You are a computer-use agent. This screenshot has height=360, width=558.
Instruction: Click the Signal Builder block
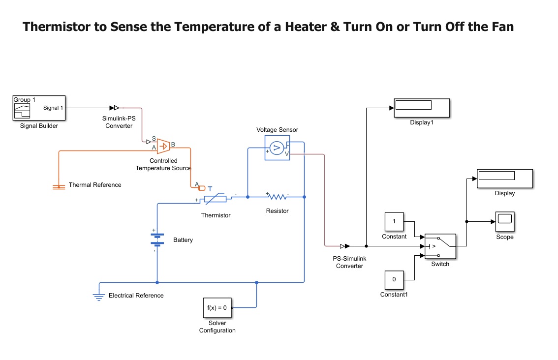[x=39, y=108]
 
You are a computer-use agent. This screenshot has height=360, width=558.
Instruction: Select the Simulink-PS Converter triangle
[x=117, y=108]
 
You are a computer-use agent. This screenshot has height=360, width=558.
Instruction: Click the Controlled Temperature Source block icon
[x=163, y=146]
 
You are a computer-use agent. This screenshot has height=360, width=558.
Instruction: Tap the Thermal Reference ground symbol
[x=59, y=186]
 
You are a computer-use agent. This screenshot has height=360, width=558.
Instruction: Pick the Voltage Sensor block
[x=277, y=148]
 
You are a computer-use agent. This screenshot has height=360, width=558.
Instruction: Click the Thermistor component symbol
[x=216, y=199]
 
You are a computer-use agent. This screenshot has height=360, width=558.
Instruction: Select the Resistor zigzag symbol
[x=278, y=197]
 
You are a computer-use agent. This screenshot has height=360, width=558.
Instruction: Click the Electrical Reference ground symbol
[x=99, y=296]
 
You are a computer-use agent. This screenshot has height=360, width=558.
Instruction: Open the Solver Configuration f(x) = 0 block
[x=217, y=308]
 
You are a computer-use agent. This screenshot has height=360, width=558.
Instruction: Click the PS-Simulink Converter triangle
[x=347, y=246]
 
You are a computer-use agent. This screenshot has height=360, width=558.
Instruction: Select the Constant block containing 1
[x=394, y=222]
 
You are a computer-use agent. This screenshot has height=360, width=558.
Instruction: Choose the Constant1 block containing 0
[x=394, y=279]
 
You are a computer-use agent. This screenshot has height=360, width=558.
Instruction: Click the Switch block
[x=440, y=246]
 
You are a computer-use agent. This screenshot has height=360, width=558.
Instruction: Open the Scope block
[x=504, y=222]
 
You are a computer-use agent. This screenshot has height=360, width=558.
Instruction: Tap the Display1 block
[x=422, y=108]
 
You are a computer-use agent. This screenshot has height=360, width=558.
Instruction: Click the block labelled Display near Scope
[x=505, y=179]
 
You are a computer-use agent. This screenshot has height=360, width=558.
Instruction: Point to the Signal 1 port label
[x=53, y=108]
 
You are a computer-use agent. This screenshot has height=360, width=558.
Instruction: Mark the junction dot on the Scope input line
[x=466, y=222]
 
